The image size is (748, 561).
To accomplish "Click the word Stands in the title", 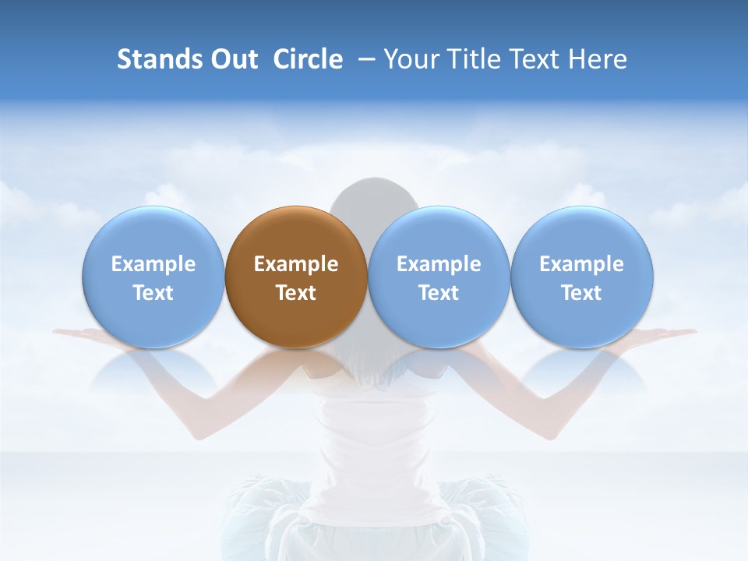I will (x=158, y=59).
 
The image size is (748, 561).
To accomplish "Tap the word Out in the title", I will (x=233, y=59).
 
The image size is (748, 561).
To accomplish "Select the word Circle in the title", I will (x=308, y=59).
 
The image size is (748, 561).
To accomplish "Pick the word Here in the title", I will (x=598, y=59).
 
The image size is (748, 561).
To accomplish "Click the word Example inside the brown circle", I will (x=296, y=264).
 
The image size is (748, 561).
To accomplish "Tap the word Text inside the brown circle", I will (x=296, y=293).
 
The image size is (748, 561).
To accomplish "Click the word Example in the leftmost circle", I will (x=153, y=264).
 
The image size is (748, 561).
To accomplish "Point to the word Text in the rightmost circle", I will (x=582, y=293).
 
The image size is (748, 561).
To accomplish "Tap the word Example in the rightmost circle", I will (x=582, y=264).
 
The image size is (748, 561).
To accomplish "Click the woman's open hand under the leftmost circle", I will (x=82, y=334).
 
